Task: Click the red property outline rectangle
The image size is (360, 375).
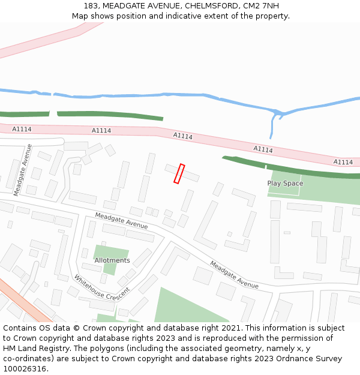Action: (179, 173)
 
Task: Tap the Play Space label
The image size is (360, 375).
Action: (285, 183)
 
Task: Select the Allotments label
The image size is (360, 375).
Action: (112, 260)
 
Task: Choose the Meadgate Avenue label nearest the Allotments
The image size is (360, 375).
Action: (121, 221)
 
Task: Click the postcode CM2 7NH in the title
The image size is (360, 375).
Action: (262, 6)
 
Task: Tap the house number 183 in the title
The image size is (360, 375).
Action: (91, 6)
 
